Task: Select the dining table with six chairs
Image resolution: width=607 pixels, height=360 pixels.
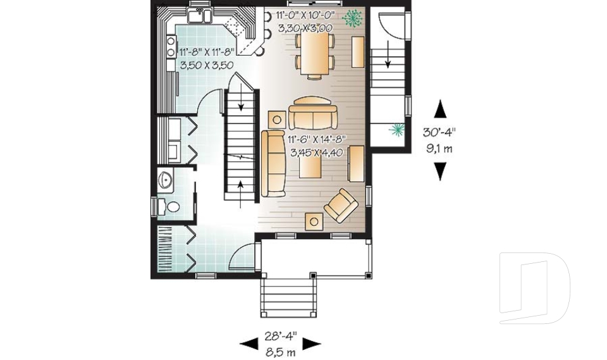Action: click(315, 53)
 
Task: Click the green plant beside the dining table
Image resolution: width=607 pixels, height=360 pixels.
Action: click(352, 17)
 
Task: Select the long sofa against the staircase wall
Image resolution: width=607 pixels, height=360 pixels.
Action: click(274, 161)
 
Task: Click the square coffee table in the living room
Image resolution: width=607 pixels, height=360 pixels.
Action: click(312, 166)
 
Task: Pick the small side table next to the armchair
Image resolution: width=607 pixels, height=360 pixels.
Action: click(314, 221)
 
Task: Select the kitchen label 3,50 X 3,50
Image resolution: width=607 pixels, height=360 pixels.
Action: click(207, 65)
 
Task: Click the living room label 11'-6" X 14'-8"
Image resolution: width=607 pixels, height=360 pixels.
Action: click(316, 140)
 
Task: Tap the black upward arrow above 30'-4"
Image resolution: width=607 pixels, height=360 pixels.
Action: click(441, 109)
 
